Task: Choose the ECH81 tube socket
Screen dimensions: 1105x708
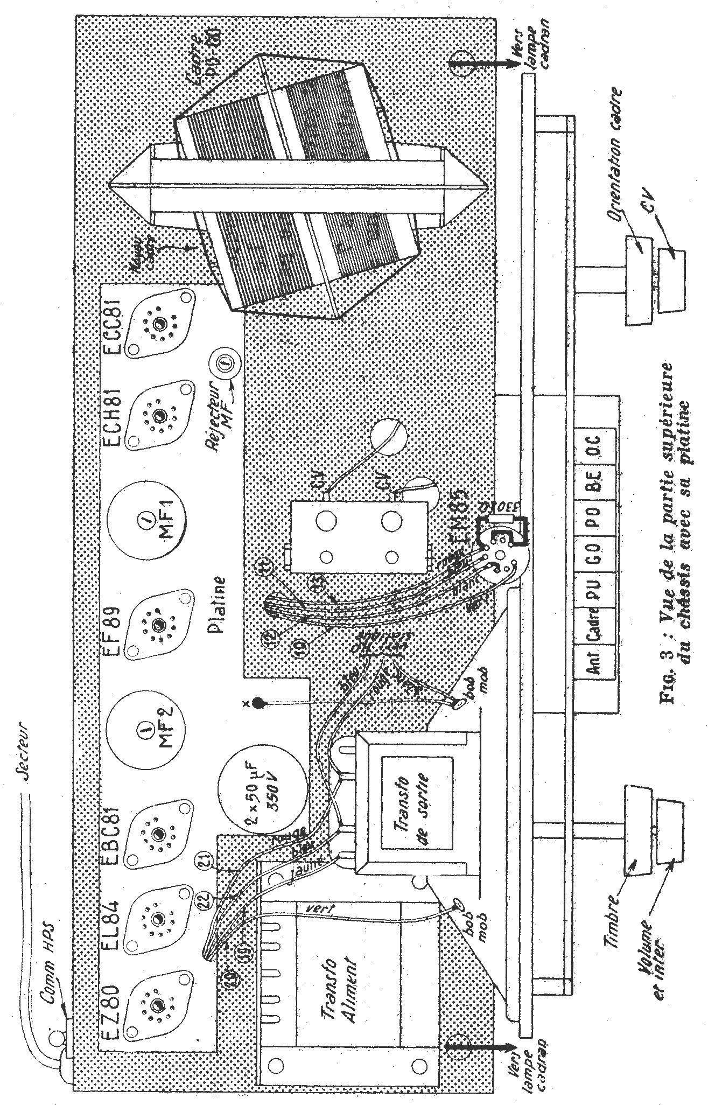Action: pyautogui.click(x=160, y=415)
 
